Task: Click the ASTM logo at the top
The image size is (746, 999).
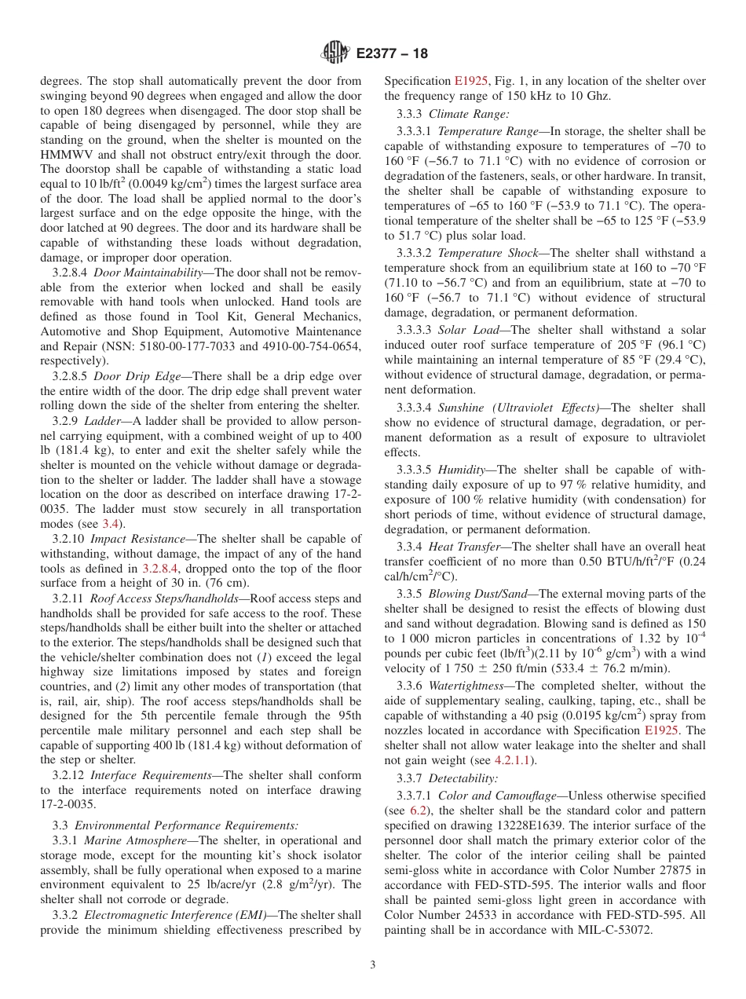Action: tap(336, 53)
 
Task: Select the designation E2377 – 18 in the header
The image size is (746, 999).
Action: tap(392, 54)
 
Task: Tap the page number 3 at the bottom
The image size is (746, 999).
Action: tap(373, 964)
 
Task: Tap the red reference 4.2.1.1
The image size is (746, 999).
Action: tap(515, 760)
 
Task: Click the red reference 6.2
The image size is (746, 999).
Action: tap(420, 811)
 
